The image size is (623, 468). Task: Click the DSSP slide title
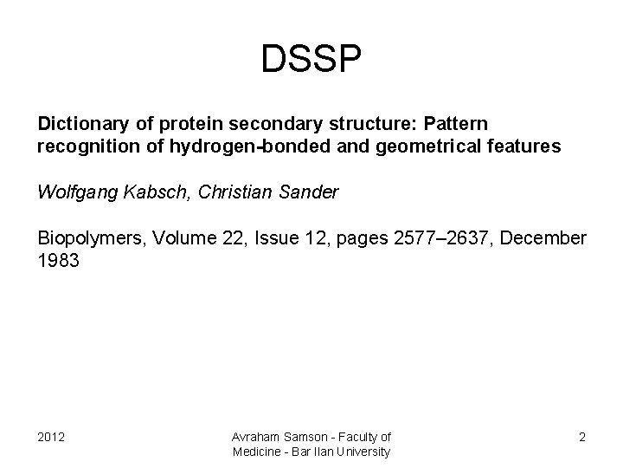311,60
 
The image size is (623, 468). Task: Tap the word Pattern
457,125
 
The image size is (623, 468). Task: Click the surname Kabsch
157,192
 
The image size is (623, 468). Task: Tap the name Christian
233,192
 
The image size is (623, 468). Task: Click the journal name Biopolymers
88,237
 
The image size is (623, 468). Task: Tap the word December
543,237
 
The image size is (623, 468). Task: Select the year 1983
59,260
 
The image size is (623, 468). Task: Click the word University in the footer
364,452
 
